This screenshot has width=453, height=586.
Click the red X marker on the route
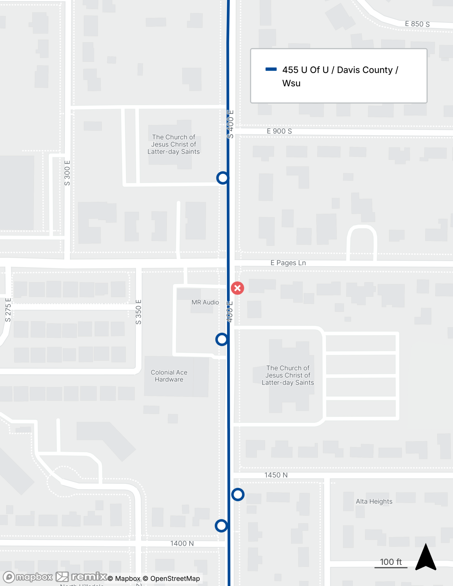(237, 288)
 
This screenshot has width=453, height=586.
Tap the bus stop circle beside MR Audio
(222, 339)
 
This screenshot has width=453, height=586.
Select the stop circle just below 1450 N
(238, 495)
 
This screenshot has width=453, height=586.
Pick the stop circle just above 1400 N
(221, 526)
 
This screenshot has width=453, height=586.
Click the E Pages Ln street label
(288, 263)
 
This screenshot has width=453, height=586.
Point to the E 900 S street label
(279, 131)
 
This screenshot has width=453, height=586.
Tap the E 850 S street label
(417, 24)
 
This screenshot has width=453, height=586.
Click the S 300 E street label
(67, 173)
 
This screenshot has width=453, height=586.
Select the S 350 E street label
(138, 312)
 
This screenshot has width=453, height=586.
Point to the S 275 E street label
(8, 310)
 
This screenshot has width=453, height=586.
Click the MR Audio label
(205, 302)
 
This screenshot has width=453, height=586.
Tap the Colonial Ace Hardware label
(169, 376)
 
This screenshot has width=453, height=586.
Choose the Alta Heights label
(374, 501)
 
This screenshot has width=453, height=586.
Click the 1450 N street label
(276, 475)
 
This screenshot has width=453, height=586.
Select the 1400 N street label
(182, 544)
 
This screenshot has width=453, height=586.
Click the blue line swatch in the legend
(271, 69)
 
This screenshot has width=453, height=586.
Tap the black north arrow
(426, 558)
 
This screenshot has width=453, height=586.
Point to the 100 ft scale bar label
(391, 562)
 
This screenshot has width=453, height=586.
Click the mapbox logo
(28, 577)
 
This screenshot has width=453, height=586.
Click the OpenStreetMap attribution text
(175, 578)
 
